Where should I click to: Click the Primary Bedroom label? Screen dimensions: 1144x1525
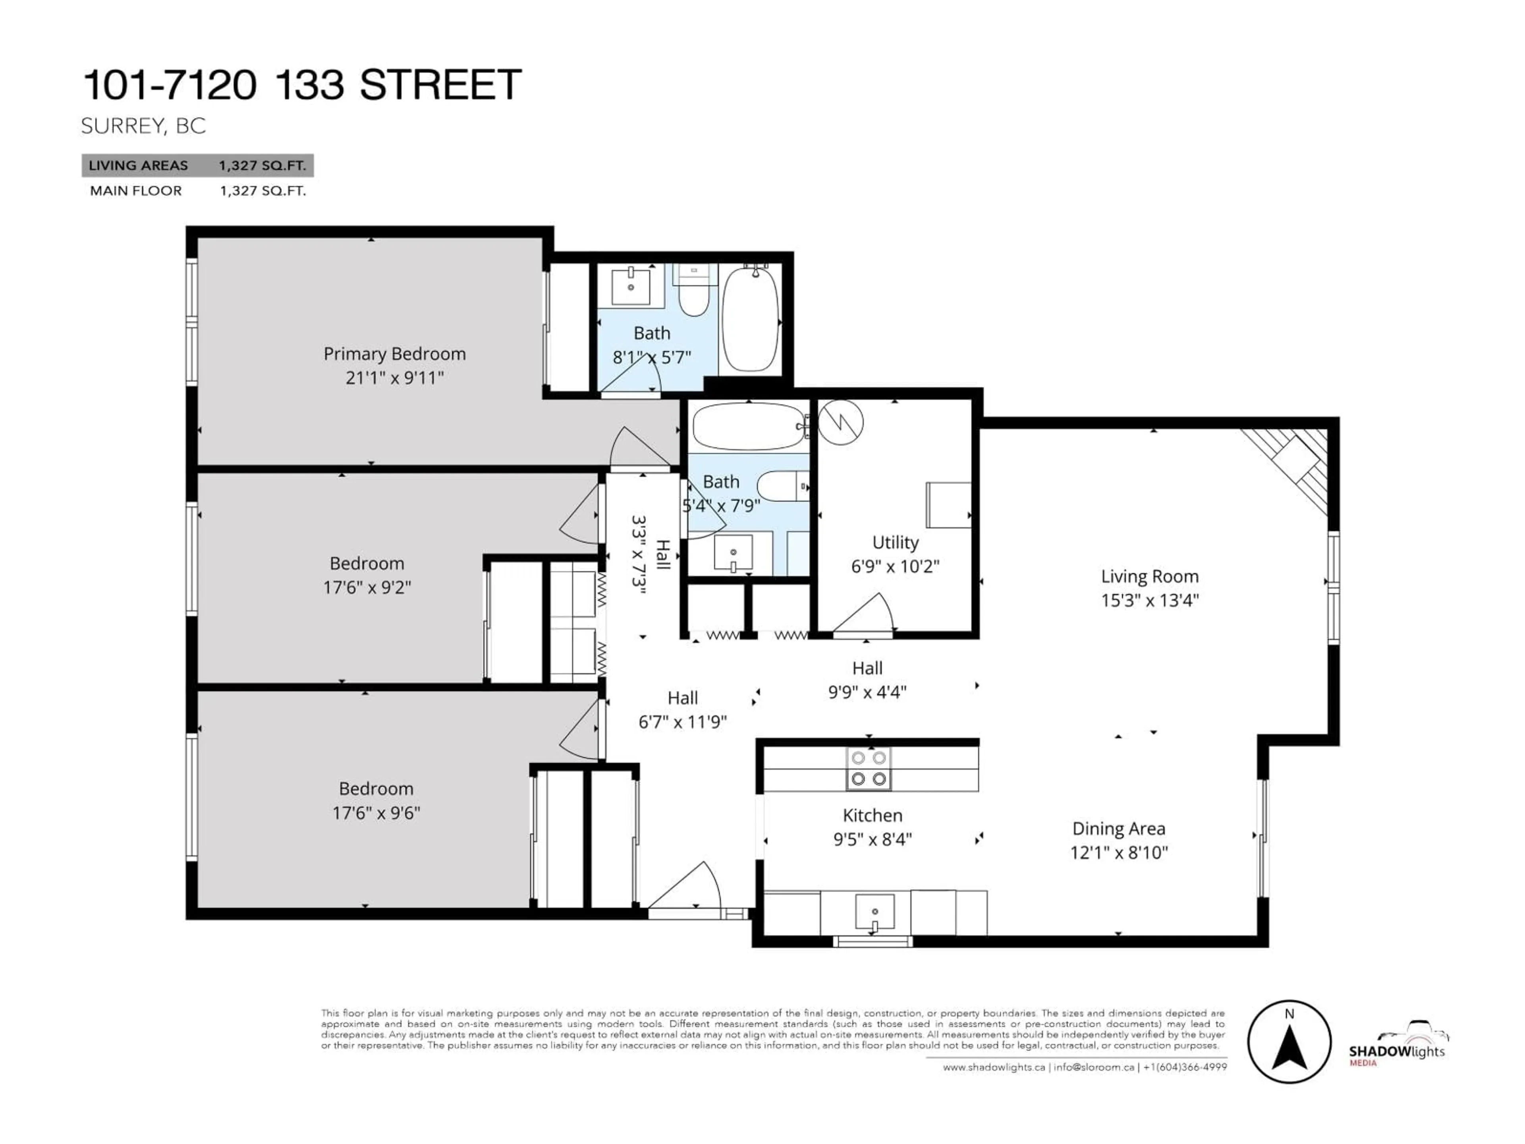coord(394,354)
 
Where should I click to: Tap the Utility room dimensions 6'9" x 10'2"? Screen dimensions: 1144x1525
coord(895,566)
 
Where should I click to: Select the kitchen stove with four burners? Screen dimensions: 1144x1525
coord(869,768)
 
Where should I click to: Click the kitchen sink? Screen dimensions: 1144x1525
coord(874,912)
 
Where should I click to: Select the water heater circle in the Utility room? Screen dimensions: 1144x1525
coord(840,422)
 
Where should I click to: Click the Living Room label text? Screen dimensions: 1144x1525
coord(1149,576)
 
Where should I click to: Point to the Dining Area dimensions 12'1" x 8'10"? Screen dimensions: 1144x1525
coord(1118,852)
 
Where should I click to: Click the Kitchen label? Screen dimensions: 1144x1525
coord(872,815)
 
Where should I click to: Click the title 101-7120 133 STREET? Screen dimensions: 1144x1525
coord(302,85)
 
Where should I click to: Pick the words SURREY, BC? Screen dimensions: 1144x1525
coord(143,126)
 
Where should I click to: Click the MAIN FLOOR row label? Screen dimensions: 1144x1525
coord(136,191)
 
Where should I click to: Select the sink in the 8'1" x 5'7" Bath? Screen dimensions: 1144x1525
coord(630,286)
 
